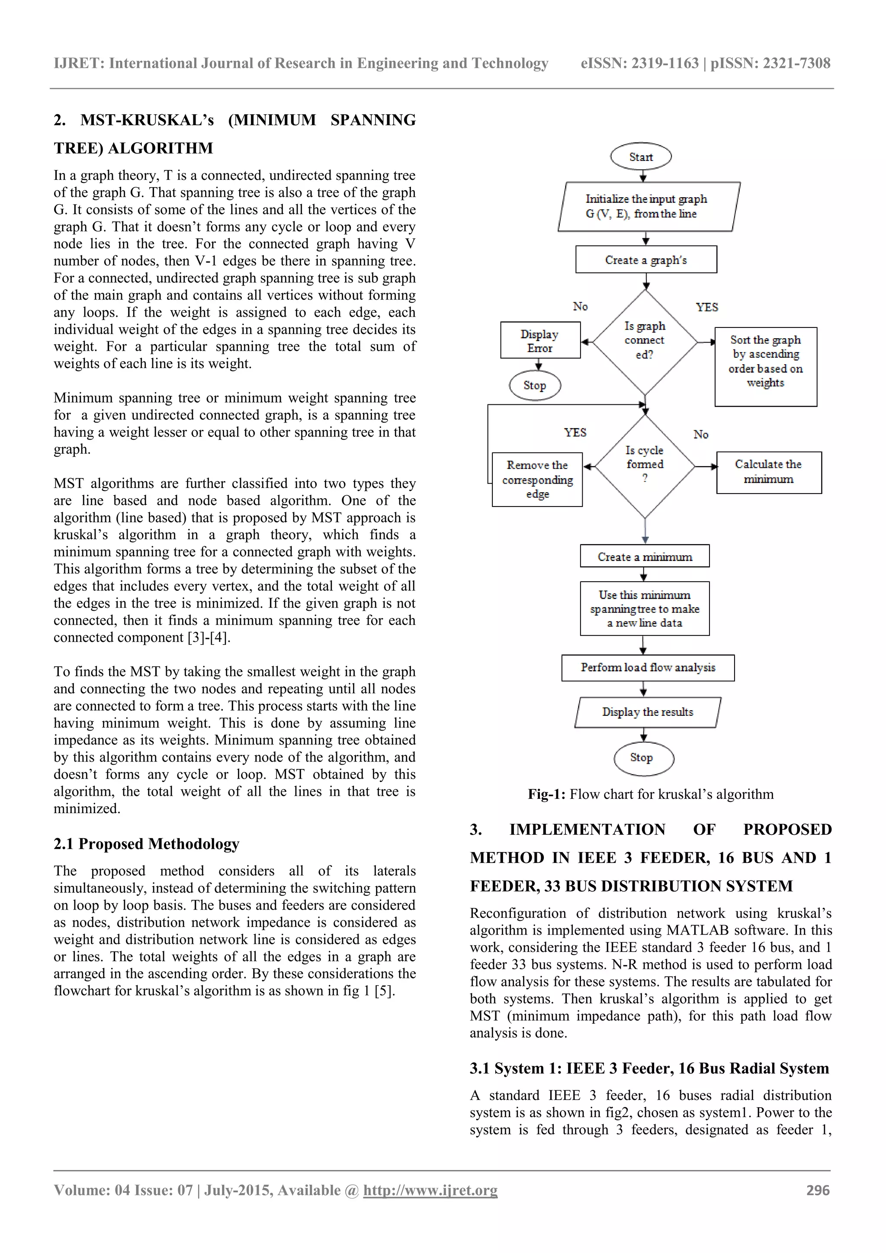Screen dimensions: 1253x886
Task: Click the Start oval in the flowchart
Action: pos(640,157)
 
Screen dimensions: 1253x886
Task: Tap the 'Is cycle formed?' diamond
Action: pos(645,465)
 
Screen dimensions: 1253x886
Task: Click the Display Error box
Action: pos(540,340)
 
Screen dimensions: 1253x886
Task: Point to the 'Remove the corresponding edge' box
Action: pos(537,479)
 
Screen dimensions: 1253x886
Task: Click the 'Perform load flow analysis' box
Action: pos(648,667)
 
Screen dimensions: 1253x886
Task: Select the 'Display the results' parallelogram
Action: pos(648,712)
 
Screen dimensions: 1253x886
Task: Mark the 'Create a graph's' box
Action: pos(646,260)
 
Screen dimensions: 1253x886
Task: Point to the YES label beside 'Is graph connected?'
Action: pos(706,307)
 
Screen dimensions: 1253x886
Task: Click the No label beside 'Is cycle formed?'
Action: pos(701,434)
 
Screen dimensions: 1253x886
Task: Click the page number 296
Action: pos(818,1190)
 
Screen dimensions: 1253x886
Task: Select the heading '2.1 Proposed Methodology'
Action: pos(146,844)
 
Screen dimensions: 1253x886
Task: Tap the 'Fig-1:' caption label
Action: pos(546,794)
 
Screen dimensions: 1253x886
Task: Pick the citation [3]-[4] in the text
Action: pos(208,638)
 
